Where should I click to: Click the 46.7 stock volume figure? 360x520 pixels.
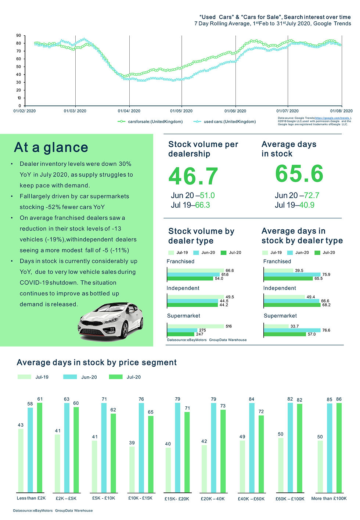[x=193, y=176]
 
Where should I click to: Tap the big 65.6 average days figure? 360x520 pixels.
[x=299, y=173]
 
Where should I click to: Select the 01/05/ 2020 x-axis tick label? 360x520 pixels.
[x=181, y=111]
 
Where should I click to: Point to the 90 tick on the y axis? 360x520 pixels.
[x=19, y=36]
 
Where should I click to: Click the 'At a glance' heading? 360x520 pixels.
[x=51, y=147]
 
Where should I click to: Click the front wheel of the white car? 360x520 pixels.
[x=125, y=330]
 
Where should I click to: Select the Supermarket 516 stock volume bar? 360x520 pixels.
[x=195, y=326]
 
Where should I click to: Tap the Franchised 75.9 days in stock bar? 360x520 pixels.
[x=292, y=275]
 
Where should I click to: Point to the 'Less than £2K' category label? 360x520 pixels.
[x=31, y=498]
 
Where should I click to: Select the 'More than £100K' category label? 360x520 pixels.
[x=329, y=499]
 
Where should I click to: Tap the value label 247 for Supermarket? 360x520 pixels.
[x=199, y=334]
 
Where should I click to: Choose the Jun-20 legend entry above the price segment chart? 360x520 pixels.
[x=89, y=377]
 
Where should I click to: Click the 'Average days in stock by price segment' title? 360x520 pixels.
[x=97, y=363]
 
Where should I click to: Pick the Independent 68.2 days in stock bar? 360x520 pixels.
[x=292, y=305]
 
